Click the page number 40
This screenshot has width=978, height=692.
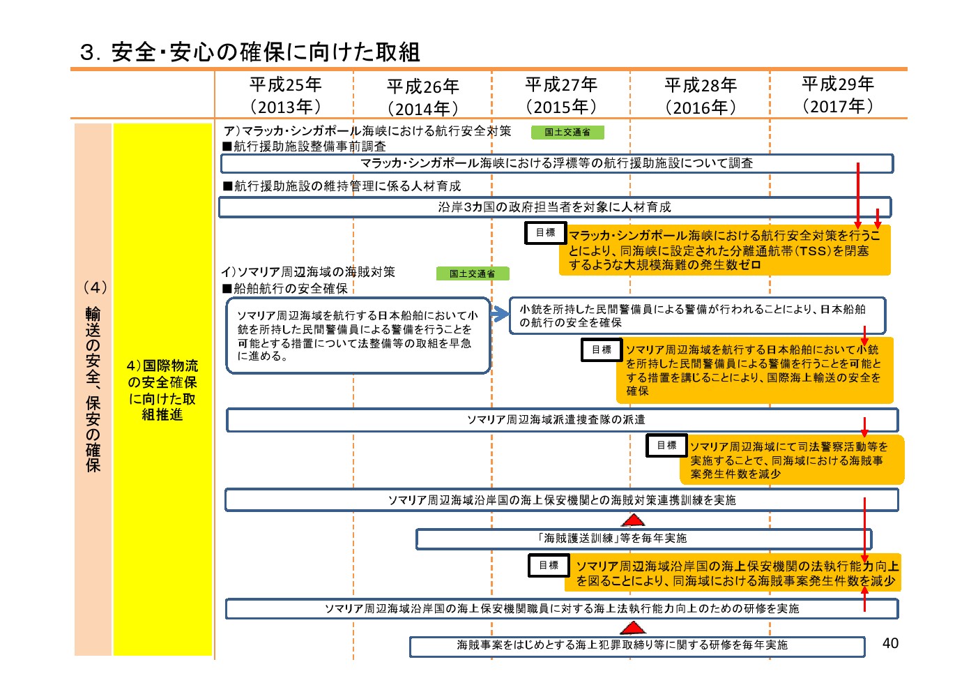[x=890, y=643]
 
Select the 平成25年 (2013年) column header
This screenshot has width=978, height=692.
[x=286, y=96]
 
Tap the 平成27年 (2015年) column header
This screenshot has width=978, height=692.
[x=561, y=96]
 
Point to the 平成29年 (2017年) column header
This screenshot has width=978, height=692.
[x=838, y=95]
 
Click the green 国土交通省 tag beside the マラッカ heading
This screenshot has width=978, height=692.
[x=567, y=133]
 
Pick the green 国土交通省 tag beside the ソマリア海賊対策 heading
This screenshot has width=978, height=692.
[x=473, y=273]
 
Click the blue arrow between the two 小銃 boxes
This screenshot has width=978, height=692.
[x=500, y=313]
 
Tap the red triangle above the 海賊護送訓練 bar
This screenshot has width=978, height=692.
[x=633, y=520]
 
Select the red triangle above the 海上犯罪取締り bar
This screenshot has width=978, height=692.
[x=633, y=628]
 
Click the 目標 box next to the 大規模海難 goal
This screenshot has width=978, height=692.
[x=546, y=233]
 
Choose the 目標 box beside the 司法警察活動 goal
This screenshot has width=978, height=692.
[x=666, y=445]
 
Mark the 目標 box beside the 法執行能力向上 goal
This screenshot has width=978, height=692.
[x=549, y=565]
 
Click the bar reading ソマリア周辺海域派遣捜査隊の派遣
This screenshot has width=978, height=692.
[x=563, y=420]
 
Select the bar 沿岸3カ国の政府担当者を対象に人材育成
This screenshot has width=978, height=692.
[x=555, y=207]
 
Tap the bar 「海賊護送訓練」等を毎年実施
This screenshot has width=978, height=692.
[x=644, y=539]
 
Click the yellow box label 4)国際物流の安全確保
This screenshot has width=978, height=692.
[x=162, y=390]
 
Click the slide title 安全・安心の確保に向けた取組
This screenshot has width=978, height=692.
[x=250, y=52]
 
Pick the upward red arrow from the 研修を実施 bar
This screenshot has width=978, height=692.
[x=864, y=599]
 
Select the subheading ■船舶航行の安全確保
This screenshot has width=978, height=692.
[x=285, y=288]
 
